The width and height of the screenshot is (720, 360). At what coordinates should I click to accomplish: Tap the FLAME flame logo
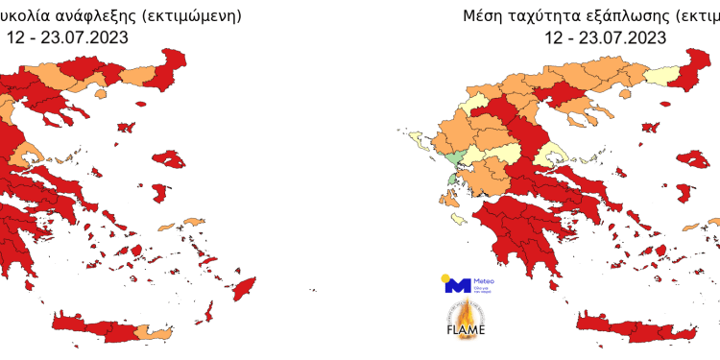click(x=466, y=321)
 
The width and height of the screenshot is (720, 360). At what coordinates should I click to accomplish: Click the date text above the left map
click(x=66, y=38)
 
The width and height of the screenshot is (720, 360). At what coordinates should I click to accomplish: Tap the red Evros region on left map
click(x=174, y=62)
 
